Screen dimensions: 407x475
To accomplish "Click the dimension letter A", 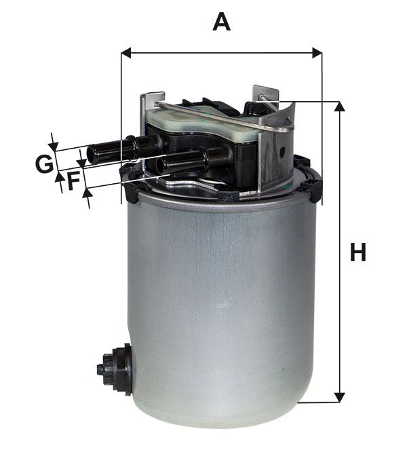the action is (x=221, y=22).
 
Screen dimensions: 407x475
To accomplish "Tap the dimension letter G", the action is (x=44, y=164).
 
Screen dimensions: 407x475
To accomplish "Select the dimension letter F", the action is (x=74, y=180).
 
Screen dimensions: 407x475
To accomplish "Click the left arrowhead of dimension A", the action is (x=126, y=53).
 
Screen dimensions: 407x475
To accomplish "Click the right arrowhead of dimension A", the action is (x=317, y=53).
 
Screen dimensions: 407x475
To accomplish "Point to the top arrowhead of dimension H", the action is (x=339, y=107).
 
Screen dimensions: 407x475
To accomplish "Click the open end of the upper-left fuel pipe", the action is (x=91, y=155).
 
